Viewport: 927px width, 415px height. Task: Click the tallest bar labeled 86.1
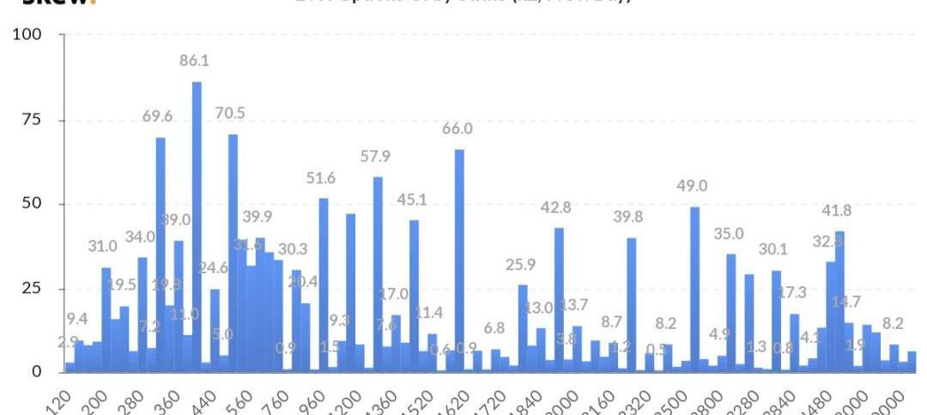197,227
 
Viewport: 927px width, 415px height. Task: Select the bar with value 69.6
161,254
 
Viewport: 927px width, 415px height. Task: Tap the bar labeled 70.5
233,253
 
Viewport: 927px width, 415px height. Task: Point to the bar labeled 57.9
378,274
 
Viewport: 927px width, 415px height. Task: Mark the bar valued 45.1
414,296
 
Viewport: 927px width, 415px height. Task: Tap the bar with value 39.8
632,304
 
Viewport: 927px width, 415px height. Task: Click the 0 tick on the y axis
36,372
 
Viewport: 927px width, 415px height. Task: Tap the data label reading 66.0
458,129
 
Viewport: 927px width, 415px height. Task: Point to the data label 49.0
692,186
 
